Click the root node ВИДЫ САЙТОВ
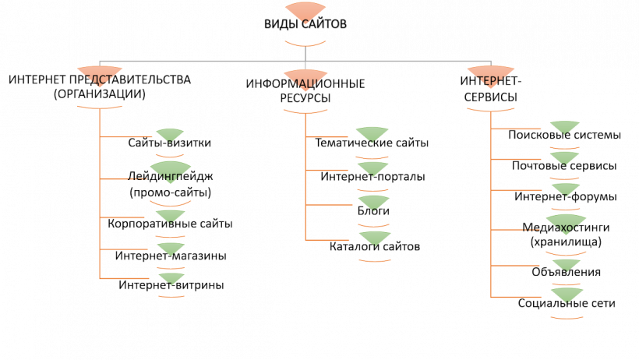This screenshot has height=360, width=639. coord(305,24)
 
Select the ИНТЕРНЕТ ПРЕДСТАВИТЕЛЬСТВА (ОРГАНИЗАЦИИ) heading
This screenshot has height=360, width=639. coord(101,86)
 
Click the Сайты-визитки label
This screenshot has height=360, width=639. coord(170,143)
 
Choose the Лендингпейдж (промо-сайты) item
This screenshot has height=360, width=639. coord(170,184)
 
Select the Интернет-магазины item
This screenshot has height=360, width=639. coord(170,256)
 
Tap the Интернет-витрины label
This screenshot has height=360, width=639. coord(171,285)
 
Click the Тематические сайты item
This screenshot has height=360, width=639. coord(372,143)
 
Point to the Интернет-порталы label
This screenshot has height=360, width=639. coord(372,178)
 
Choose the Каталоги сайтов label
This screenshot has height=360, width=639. coord(374,246)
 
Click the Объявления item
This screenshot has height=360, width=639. coord(565,273)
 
